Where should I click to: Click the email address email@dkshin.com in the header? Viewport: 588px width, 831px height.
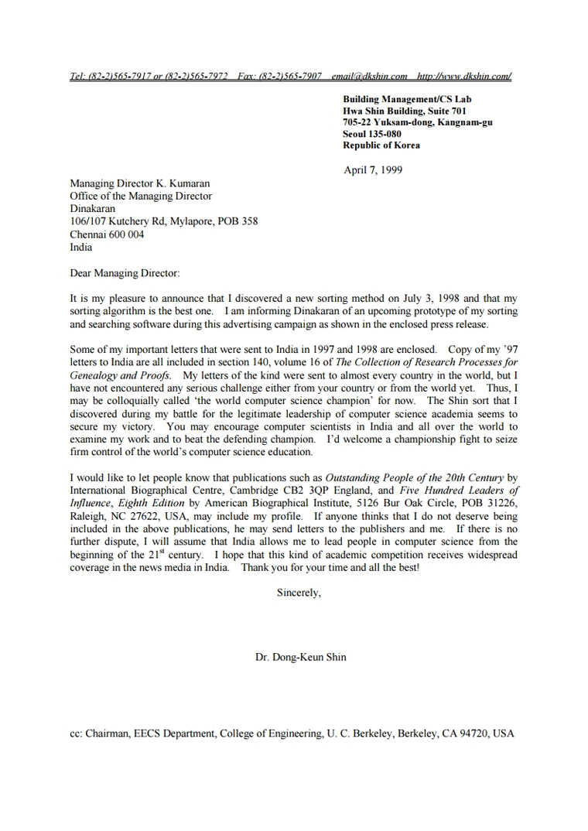click(x=369, y=77)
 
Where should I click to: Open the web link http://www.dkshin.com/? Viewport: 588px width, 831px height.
click(x=464, y=77)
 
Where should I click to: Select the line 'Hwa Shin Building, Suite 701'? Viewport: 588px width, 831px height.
click(x=405, y=111)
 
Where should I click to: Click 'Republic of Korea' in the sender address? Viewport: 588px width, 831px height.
click(x=381, y=145)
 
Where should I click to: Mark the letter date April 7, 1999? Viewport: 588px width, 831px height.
click(x=373, y=170)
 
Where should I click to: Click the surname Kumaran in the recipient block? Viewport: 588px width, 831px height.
click(x=189, y=184)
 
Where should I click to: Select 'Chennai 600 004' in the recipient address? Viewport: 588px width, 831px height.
click(x=107, y=234)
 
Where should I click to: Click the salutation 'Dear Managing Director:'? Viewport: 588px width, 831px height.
click(x=125, y=272)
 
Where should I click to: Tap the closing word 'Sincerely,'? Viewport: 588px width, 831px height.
click(x=299, y=593)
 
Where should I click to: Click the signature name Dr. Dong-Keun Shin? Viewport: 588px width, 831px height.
click(x=301, y=657)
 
